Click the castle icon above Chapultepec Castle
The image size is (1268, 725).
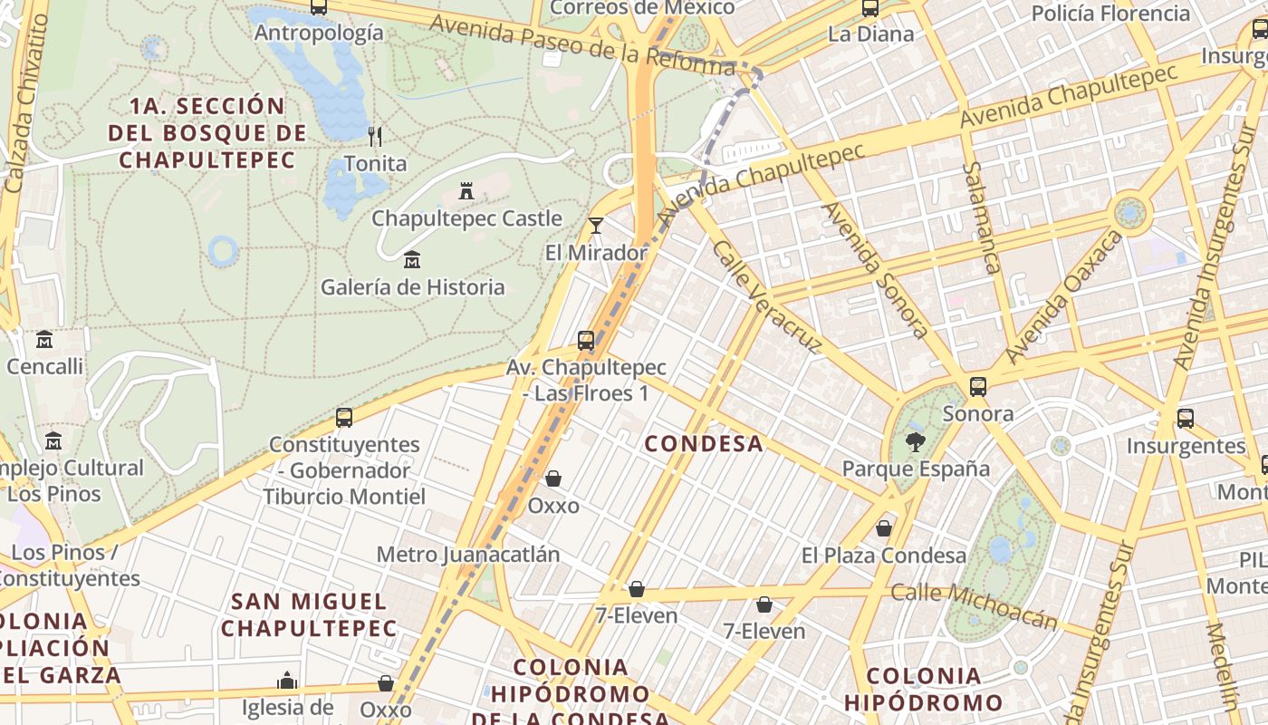point(466,191)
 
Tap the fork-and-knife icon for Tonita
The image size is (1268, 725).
point(375,137)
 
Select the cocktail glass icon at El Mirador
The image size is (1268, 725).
point(595,226)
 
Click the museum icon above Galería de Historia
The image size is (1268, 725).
point(412,260)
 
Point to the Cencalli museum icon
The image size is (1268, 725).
point(44,340)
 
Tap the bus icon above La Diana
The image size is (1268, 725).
point(870,8)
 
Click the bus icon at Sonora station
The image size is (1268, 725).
point(978,387)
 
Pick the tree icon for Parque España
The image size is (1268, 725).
point(915,442)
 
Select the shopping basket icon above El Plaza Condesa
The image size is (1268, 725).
point(884,527)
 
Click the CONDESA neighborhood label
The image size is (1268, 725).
point(704,444)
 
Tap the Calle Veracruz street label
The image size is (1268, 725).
point(767,296)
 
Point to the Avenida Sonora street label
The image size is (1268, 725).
point(876,270)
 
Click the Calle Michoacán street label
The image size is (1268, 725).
point(974,605)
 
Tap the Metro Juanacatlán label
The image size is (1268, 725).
point(468,555)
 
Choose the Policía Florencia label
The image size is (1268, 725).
point(1110,14)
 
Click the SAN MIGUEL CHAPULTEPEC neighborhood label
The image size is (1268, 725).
point(309,614)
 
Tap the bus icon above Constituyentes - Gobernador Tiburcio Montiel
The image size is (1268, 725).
point(344,418)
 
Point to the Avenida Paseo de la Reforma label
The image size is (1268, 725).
point(582,45)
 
